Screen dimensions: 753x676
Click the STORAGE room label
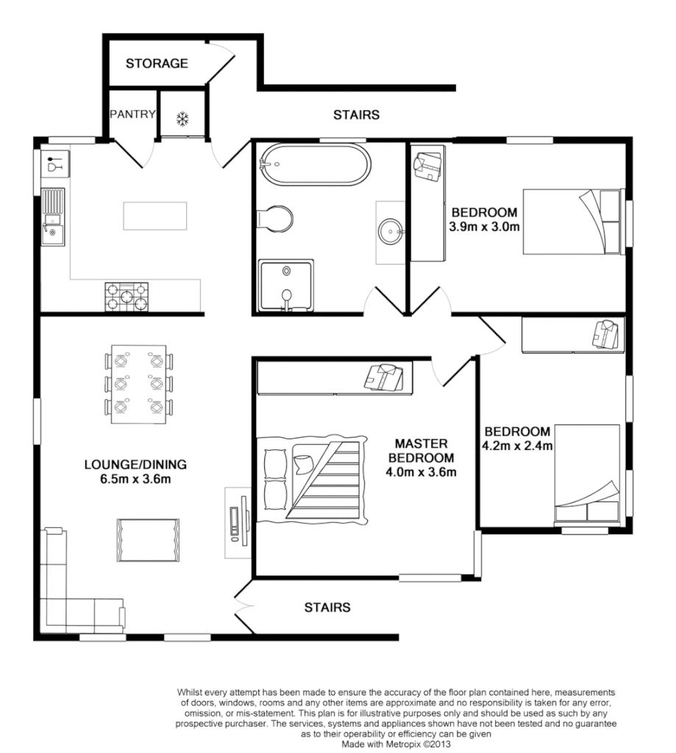click(x=156, y=63)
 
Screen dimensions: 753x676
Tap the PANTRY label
click(x=132, y=114)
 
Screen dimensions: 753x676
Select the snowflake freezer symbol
click(x=182, y=118)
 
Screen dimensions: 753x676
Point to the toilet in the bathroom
click(x=277, y=219)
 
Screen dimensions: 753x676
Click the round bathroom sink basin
click(x=390, y=232)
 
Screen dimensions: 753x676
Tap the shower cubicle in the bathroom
click(x=285, y=285)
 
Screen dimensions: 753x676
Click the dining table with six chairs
click(x=138, y=384)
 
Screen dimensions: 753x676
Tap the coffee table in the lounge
click(x=147, y=540)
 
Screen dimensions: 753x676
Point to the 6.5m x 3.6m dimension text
click(x=136, y=480)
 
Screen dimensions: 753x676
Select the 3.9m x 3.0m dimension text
click(x=485, y=226)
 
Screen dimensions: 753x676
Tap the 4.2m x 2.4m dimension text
click(x=517, y=445)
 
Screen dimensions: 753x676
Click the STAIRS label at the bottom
click(x=327, y=607)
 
